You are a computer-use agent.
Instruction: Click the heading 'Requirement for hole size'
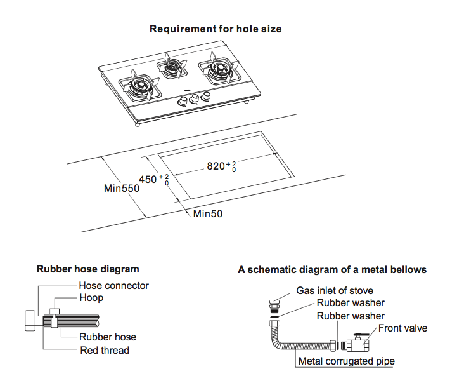click(x=216, y=29)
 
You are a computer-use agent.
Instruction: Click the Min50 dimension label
click(x=208, y=214)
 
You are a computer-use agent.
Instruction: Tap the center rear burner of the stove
click(x=171, y=66)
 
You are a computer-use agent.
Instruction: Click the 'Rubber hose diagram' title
click(x=87, y=269)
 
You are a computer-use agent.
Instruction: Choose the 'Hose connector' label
click(x=113, y=286)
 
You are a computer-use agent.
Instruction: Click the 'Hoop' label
click(x=91, y=297)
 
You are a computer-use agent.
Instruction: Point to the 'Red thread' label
click(x=104, y=350)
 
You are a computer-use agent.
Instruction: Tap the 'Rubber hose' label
click(x=107, y=337)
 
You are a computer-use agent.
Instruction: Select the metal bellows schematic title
click(x=332, y=269)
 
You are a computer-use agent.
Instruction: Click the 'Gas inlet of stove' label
click(x=335, y=291)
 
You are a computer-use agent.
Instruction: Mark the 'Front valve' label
click(x=402, y=328)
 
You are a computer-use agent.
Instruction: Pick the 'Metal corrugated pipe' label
click(x=347, y=361)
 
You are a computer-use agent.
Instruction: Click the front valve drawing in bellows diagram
click(x=356, y=345)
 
